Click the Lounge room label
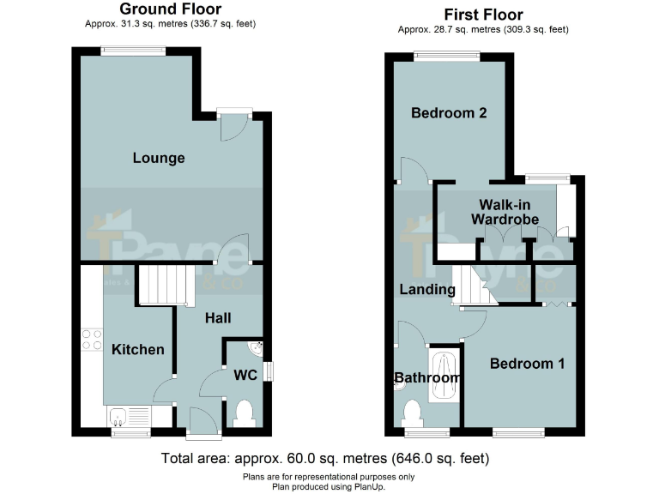[159, 158]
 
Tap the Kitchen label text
[137, 349]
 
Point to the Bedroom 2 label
[449, 113]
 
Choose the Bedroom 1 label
[527, 364]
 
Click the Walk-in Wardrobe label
[505, 212]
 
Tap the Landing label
[427, 290]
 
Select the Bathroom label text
[427, 377]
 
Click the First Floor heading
[483, 15]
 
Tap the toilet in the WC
[244, 413]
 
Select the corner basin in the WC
[255, 348]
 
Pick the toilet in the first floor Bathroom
[413, 413]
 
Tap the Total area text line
[325, 459]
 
